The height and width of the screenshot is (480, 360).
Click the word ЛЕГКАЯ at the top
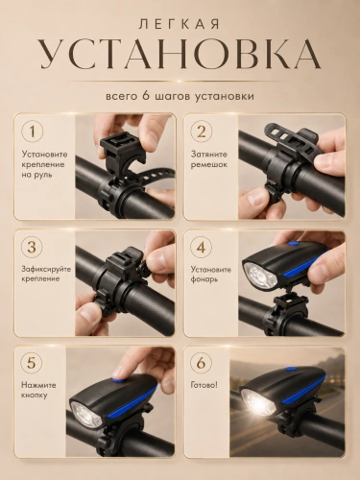(x=180, y=25)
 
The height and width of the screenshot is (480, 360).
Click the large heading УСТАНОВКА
(x=180, y=55)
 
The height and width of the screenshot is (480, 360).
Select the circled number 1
(x=33, y=132)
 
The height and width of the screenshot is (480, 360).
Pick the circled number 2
(x=202, y=132)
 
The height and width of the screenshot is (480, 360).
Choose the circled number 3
(x=33, y=248)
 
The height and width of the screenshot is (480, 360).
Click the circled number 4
(x=202, y=248)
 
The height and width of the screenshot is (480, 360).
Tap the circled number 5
(x=33, y=363)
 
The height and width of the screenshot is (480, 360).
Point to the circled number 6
(x=202, y=363)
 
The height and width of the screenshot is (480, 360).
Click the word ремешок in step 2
(x=209, y=165)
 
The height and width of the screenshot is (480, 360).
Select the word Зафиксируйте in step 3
(x=46, y=270)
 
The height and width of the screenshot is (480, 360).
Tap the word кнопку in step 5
(x=35, y=396)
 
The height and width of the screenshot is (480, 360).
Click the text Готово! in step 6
(x=204, y=385)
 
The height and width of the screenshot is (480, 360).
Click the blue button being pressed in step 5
(x=118, y=380)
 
